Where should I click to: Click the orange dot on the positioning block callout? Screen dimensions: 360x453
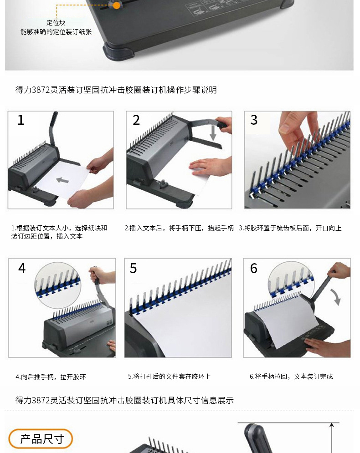(x=116, y=5)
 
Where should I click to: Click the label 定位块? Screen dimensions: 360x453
(x=56, y=23)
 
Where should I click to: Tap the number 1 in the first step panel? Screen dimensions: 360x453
(x=21, y=120)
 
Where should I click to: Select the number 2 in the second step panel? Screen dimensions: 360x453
(x=136, y=120)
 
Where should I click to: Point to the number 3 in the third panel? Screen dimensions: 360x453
(x=254, y=120)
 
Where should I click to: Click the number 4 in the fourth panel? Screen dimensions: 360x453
(x=22, y=268)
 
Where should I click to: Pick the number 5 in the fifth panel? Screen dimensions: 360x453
(x=133, y=268)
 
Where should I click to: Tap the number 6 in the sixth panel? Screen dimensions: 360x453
(x=253, y=268)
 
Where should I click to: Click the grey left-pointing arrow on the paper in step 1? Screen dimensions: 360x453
(x=62, y=180)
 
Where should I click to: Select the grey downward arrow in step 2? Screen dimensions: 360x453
(x=213, y=133)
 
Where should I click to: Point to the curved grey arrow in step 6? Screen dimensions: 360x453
(x=336, y=297)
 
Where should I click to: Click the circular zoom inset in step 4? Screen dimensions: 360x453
(x=57, y=285)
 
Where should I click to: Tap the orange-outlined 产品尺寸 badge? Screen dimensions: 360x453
(x=41, y=439)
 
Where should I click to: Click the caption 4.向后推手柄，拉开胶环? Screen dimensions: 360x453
(x=51, y=377)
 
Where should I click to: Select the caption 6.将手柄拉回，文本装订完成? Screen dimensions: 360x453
(x=291, y=377)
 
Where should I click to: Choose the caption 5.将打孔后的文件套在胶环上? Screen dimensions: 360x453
(x=170, y=377)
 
